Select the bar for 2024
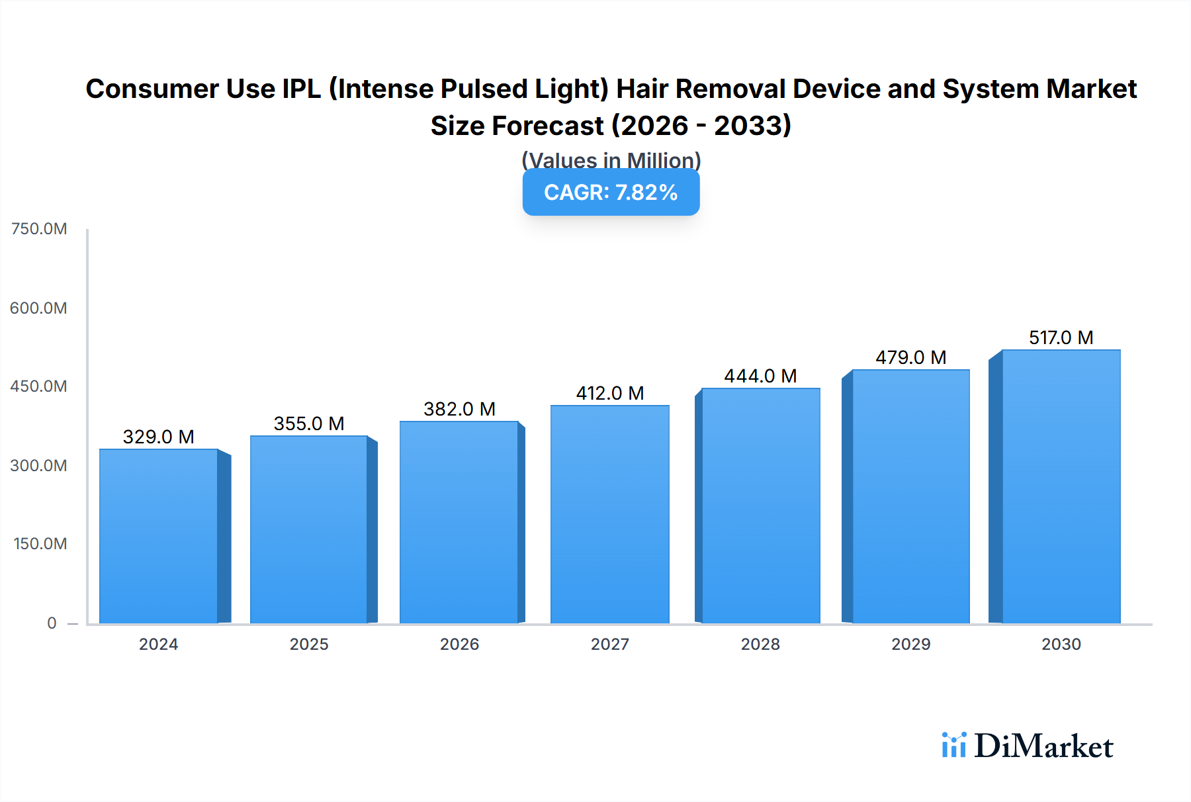tap(159, 536)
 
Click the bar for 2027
tap(609, 514)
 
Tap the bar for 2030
tap(1061, 486)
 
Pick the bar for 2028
tap(760, 506)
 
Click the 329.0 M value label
tap(159, 437)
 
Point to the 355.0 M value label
tap(309, 423)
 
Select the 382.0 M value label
tap(459, 409)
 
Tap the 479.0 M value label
tap(910, 357)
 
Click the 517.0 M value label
tap(1061, 337)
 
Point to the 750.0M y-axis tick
tap(39, 229)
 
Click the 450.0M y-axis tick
tap(38, 386)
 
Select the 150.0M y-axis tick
tap(40, 544)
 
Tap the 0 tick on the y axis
tap(52, 623)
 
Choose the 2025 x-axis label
tap(309, 644)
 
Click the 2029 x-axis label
tap(910, 644)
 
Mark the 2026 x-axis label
tap(459, 644)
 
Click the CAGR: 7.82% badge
tap(611, 193)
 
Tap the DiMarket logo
tap(1028, 746)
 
